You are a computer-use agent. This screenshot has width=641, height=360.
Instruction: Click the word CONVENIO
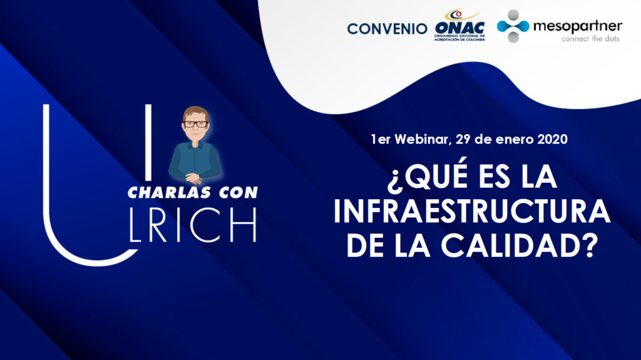tap(387, 29)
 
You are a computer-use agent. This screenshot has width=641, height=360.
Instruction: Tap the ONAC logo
tap(459, 26)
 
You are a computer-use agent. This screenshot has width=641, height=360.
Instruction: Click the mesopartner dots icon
tap(513, 26)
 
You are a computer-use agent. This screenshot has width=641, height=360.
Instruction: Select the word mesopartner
tap(578, 27)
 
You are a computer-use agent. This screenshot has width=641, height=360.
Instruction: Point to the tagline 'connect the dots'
tap(590, 39)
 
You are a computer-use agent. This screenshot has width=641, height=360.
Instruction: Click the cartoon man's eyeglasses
tap(195, 124)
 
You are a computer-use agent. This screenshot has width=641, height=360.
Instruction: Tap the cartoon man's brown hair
tap(195, 113)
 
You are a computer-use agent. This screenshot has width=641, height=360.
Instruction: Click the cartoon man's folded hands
tap(194, 178)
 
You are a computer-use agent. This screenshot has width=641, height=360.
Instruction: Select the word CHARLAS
tap(170, 193)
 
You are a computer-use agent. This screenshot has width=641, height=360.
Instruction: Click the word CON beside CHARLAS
tap(238, 193)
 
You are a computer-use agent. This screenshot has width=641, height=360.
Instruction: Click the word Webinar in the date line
tap(423, 139)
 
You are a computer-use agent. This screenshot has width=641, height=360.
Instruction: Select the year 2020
tap(552, 139)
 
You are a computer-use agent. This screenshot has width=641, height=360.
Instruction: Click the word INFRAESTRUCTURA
tap(472, 211)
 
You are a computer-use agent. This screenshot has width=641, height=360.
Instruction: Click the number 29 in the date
tap(463, 139)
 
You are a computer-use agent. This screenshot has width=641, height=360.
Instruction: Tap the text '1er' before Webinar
tap(381, 139)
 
